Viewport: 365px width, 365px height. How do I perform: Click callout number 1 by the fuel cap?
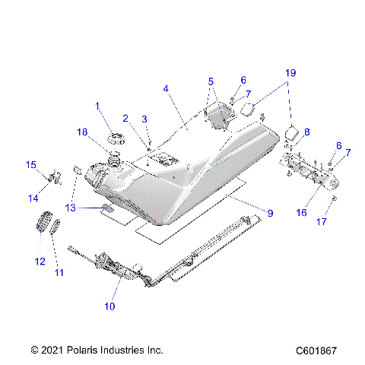click(97, 105)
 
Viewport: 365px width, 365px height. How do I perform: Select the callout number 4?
click(166, 88)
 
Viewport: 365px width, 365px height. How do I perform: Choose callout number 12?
click(40, 262)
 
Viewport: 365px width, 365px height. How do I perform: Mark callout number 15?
click(31, 165)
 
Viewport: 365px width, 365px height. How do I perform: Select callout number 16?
click(302, 213)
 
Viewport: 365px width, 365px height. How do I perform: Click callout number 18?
click(82, 132)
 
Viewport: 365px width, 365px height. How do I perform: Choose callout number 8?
click(306, 132)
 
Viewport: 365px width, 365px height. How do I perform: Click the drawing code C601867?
click(318, 351)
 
